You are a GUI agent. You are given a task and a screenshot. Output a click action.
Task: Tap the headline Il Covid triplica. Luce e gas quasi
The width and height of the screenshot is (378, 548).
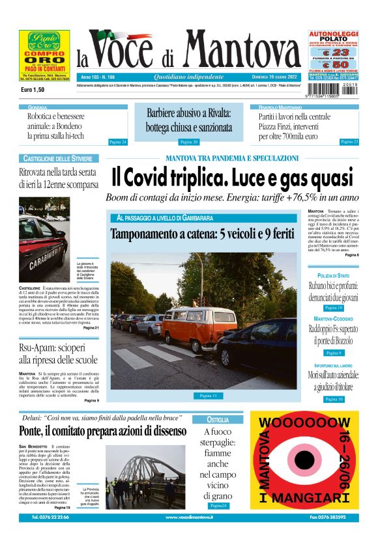pyautogui.click(x=231, y=178)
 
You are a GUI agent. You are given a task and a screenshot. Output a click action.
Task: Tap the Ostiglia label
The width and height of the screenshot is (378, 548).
pyautogui.click(x=218, y=419)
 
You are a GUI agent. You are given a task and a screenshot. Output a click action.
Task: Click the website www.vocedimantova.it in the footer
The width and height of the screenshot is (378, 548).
pyautogui.click(x=189, y=517)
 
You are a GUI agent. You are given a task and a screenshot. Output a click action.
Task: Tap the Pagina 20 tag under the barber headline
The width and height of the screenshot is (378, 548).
pyautogui.click(x=188, y=141)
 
